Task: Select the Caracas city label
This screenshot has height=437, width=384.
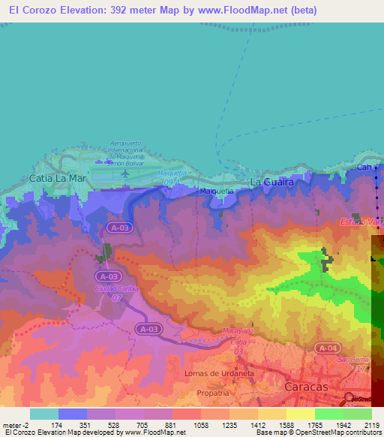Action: pos(307,386)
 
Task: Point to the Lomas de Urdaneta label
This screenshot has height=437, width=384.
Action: pos(217,373)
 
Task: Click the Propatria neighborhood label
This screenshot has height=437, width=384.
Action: pos(212,393)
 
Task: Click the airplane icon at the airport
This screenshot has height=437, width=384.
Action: pos(125,172)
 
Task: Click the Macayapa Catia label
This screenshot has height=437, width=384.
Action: pos(238,335)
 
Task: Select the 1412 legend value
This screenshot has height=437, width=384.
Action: pos(258,424)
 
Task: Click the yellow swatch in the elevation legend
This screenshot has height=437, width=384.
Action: pos(300,414)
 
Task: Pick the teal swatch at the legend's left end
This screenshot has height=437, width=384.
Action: pos(44,414)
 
